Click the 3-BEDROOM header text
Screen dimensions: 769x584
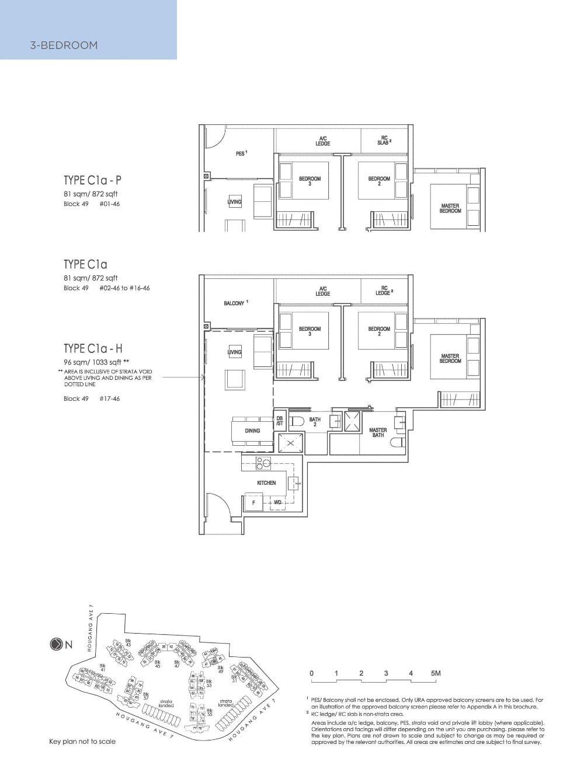(x=64, y=45)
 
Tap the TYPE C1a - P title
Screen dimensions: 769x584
(x=93, y=180)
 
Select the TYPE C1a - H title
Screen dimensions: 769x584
(x=93, y=349)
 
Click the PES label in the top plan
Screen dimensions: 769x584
(x=241, y=153)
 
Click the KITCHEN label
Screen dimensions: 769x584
(x=266, y=483)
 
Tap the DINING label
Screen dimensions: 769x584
(x=252, y=431)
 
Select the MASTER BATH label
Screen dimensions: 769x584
(x=378, y=432)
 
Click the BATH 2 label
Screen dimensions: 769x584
(x=315, y=422)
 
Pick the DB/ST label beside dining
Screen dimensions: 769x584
(x=279, y=421)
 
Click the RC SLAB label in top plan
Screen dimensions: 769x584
(x=384, y=140)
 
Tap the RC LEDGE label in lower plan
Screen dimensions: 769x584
(x=384, y=291)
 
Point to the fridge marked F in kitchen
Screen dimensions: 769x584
(x=253, y=502)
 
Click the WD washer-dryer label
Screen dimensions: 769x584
(x=277, y=502)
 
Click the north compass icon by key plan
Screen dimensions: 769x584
(x=56, y=645)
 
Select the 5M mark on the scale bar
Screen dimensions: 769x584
(x=435, y=673)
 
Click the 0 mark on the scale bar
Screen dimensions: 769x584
(x=311, y=673)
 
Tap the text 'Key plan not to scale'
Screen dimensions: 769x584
(x=82, y=742)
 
